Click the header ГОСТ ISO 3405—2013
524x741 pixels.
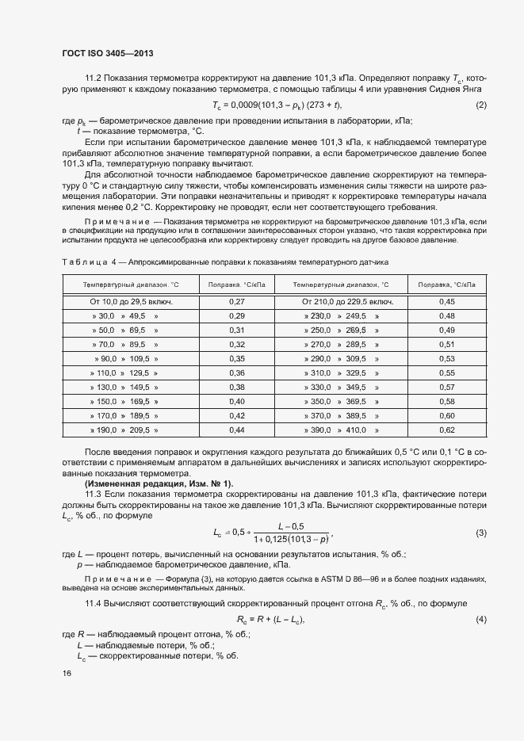[107, 53]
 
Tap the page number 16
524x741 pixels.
[67, 673]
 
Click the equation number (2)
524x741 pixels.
[480, 105]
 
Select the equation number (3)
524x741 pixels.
[480, 533]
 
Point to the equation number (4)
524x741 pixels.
[480, 618]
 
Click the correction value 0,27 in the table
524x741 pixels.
[236, 302]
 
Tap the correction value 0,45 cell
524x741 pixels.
[446, 302]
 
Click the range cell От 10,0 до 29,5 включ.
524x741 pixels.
[131, 302]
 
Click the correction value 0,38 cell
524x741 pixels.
[236, 387]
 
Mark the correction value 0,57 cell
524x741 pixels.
[446, 387]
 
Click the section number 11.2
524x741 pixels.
[94, 79]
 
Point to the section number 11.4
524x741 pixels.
[94, 604]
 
